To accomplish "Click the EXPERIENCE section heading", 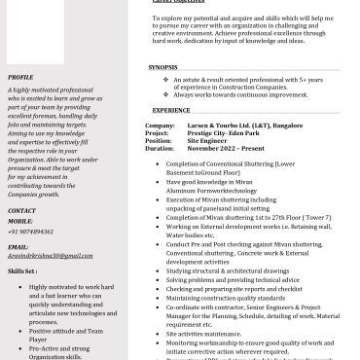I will coord(171,111).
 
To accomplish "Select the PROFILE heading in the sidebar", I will coord(20,77).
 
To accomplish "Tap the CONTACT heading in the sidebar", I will coord(22,211).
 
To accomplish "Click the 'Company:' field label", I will coord(160,126).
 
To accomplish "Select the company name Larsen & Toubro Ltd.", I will coord(232,126).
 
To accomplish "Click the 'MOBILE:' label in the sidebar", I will coord(21,222).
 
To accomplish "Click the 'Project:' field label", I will coord(159,132).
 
